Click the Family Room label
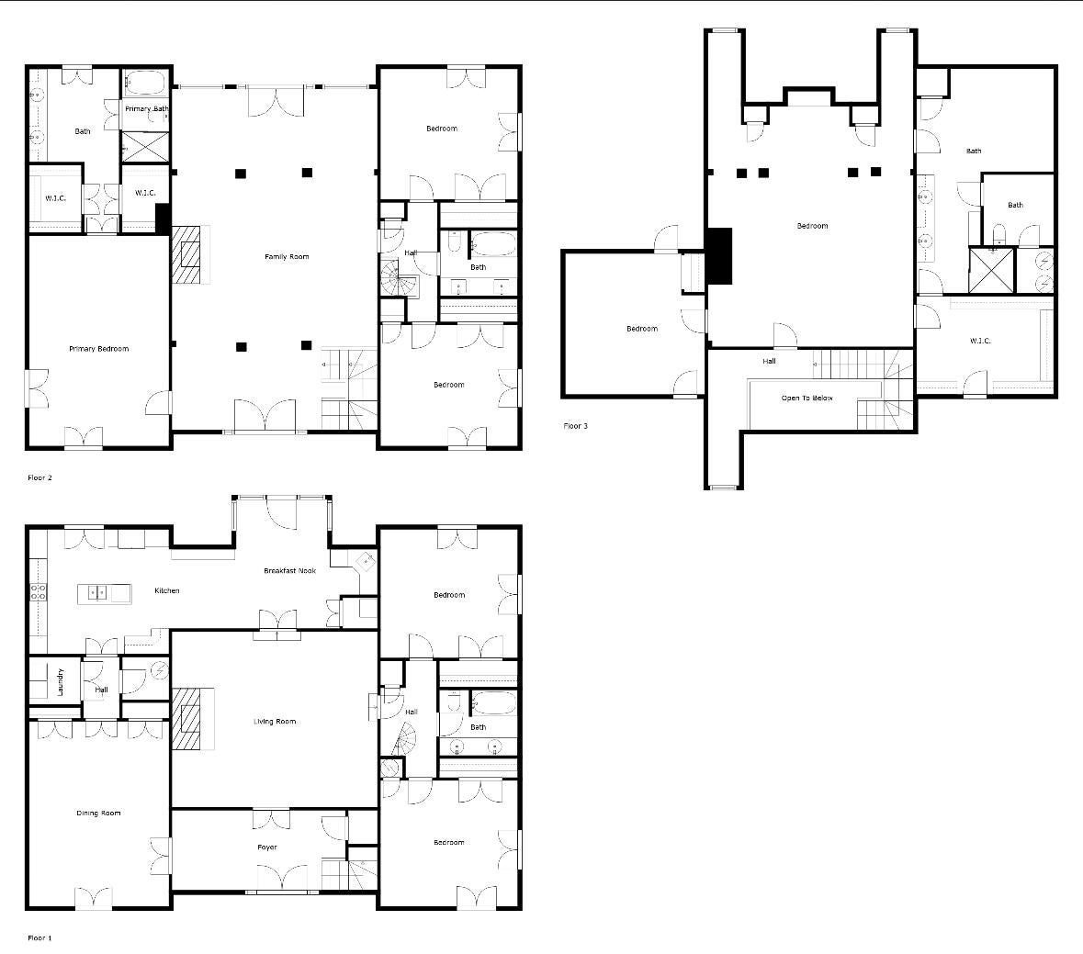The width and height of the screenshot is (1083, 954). tap(287, 257)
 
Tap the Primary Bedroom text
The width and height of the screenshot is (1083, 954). tap(98, 349)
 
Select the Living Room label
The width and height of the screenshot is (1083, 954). tap(275, 722)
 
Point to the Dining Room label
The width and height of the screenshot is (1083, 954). tap(98, 814)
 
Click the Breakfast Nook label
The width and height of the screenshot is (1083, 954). tap(289, 571)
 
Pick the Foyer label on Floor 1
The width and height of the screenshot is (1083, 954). tap(266, 847)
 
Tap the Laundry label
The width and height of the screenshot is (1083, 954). tap(61, 681)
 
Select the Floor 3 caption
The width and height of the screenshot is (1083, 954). tap(575, 426)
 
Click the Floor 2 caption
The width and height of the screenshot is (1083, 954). tap(40, 478)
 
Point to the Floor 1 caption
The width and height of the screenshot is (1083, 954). tap(40, 938)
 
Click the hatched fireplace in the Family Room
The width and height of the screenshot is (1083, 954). tap(188, 256)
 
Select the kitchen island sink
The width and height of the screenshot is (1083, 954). tap(97, 593)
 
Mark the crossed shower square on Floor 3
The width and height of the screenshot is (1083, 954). tap(992, 270)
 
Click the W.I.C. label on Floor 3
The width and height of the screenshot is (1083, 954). tap(980, 342)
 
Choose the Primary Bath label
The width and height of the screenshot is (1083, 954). tap(147, 109)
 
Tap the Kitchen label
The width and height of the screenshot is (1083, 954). tap(166, 590)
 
